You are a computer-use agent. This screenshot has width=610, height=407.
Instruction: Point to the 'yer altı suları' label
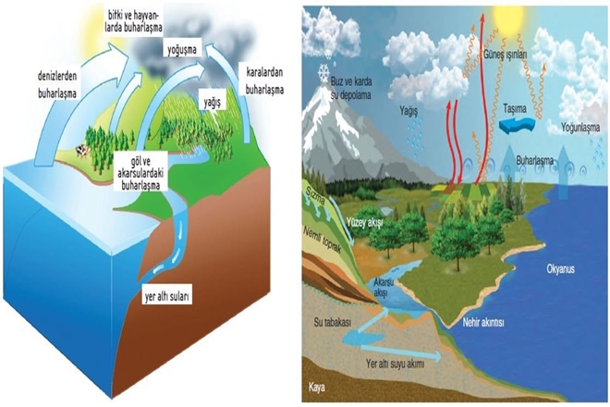pyautogui.click(x=166, y=298)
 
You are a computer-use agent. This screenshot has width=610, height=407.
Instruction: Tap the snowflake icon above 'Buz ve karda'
pyautogui.click(x=323, y=70)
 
